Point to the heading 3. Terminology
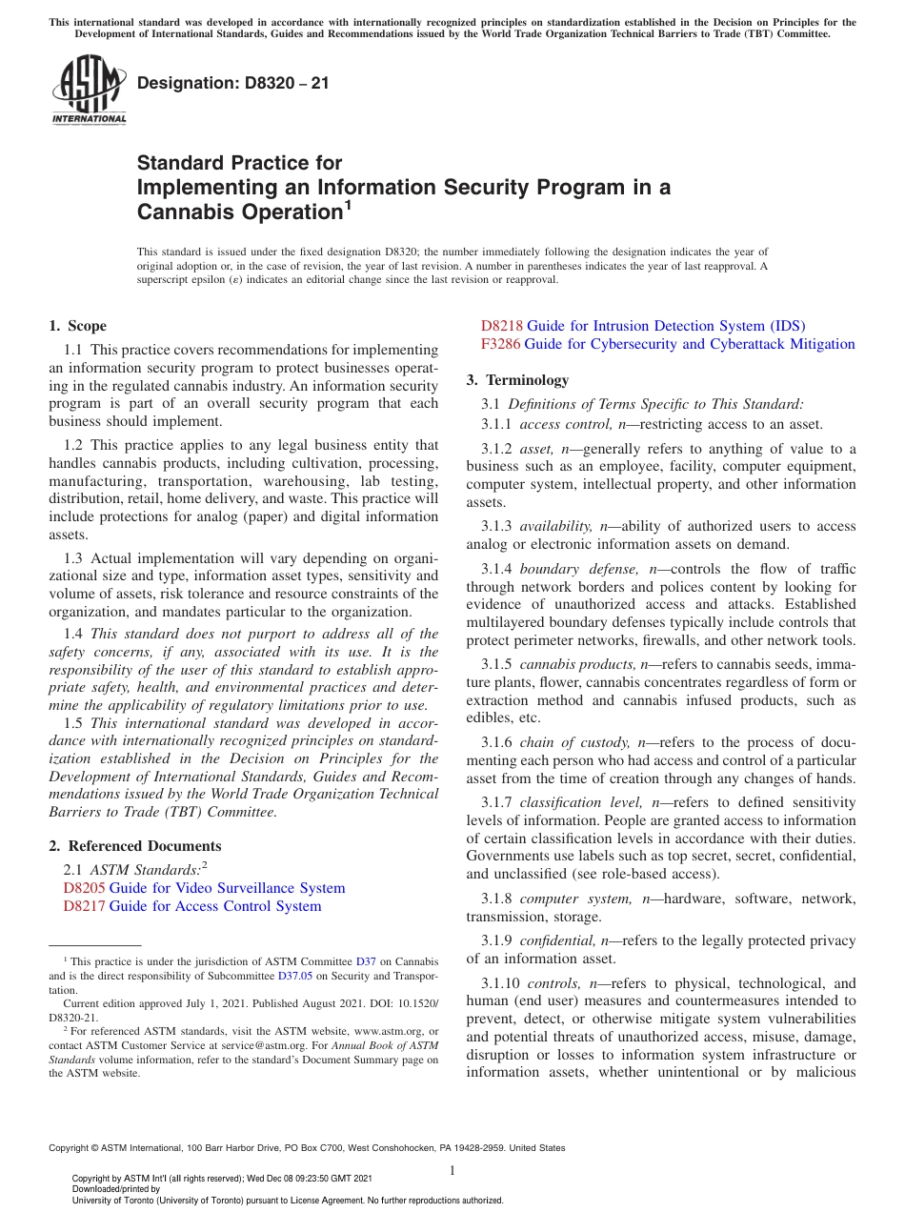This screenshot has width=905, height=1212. [x=517, y=380]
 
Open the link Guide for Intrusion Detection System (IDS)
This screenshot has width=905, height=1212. [x=666, y=326]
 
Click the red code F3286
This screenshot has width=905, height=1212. [x=500, y=344]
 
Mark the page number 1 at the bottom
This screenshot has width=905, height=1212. [x=452, y=1170]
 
